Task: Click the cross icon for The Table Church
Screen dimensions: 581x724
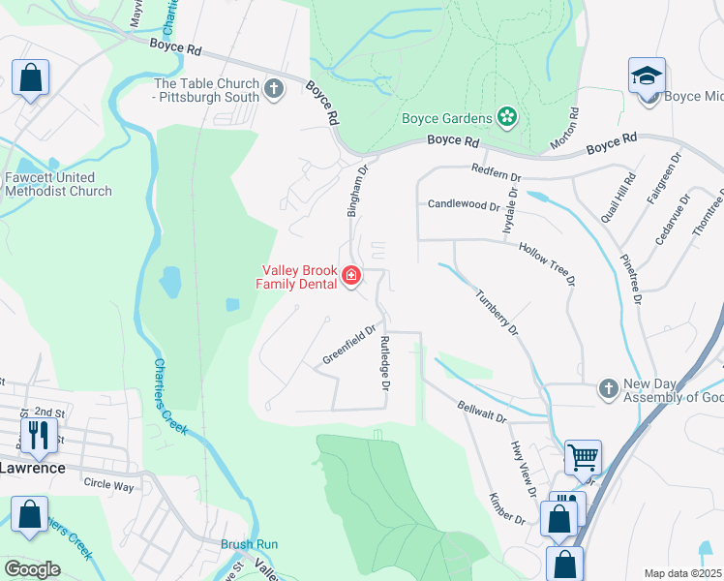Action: [x=274, y=90]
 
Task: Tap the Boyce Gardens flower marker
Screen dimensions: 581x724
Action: [x=506, y=118]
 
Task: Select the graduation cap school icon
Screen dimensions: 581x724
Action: [x=647, y=77]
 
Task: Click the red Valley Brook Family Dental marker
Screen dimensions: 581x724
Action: [x=350, y=278]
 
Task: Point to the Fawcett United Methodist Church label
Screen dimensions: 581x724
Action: [x=57, y=184]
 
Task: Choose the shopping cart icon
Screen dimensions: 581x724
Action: [x=582, y=456]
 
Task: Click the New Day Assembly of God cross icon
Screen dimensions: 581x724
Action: [x=609, y=388]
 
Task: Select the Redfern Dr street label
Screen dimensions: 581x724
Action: [x=497, y=178]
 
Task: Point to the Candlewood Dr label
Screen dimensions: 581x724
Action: [x=464, y=205]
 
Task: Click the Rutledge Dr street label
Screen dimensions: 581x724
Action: [x=384, y=363]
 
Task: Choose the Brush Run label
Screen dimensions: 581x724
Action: [x=249, y=544]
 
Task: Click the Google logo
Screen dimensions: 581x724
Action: [x=31, y=568]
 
